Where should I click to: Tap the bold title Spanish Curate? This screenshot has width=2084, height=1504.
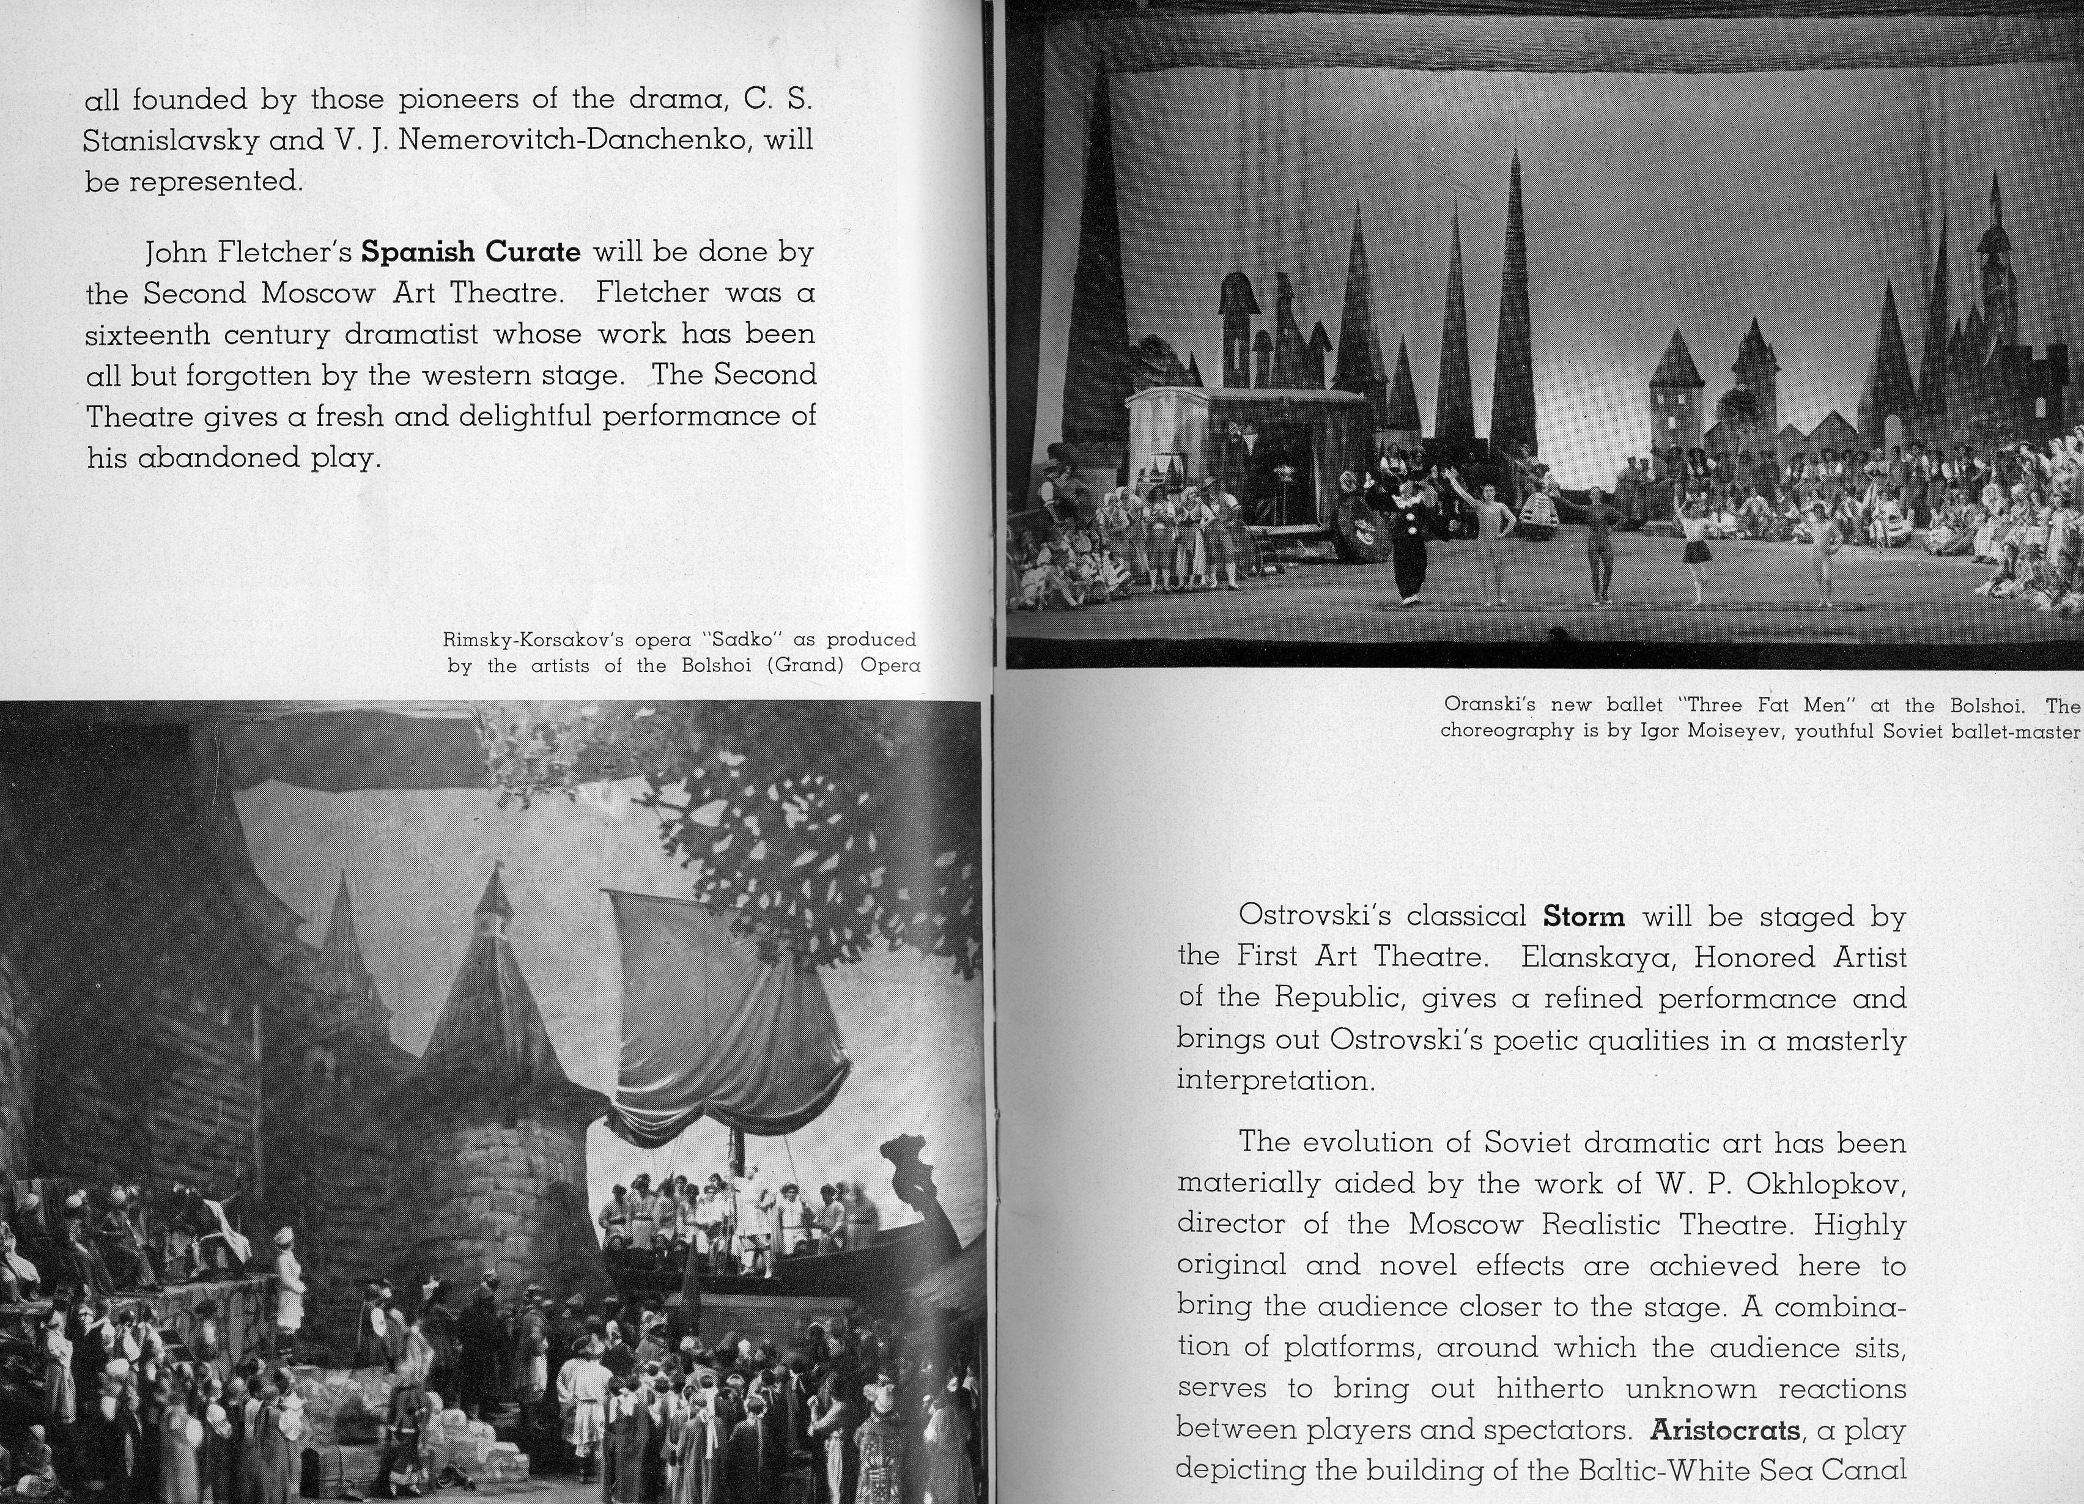point(470,252)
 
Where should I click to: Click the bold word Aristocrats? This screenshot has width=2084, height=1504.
point(1724,1431)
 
